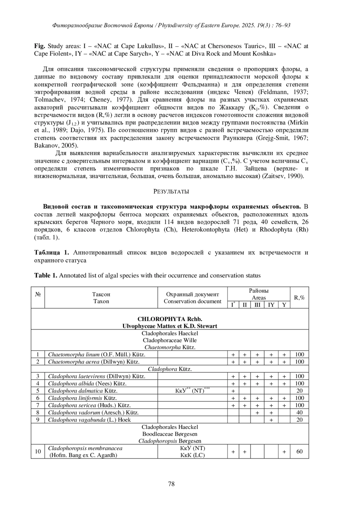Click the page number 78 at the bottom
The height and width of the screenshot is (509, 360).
point(171,484)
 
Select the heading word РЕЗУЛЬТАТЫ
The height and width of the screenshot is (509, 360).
point(171,191)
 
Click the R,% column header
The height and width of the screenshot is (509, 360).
point(299,298)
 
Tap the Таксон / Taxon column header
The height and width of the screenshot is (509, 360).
point(101,298)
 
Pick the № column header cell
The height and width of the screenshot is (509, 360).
point(38,294)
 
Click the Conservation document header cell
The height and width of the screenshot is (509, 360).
point(192,298)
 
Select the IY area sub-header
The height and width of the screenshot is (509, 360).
point(271,305)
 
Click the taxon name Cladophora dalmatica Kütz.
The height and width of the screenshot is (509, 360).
point(83,391)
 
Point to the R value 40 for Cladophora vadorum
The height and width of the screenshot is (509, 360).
point(299,412)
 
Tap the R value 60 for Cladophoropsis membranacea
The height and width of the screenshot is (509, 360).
point(299,451)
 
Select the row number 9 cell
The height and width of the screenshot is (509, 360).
point(38,420)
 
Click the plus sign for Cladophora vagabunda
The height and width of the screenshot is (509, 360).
point(271,420)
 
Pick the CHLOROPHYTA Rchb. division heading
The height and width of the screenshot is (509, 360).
point(170,319)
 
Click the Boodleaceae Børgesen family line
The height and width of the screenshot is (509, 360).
point(170,434)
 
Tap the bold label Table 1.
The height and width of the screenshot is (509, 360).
point(46,275)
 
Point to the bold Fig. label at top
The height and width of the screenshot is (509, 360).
point(40,46)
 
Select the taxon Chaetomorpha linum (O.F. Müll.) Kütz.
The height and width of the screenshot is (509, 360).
point(97,355)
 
